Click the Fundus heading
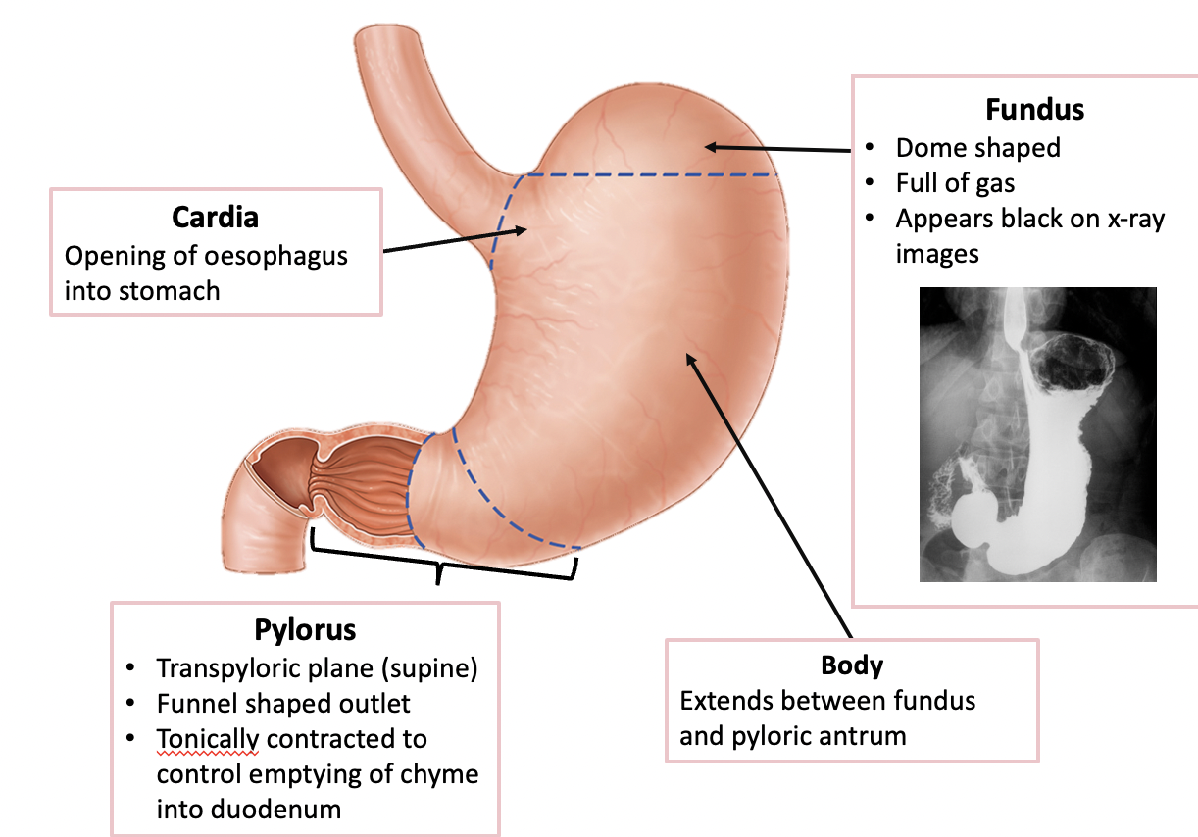[1034, 108]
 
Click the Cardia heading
[216, 216]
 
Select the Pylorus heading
[305, 628]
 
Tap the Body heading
[852, 665]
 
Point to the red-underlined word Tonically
[207, 738]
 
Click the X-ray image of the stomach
[1037, 434]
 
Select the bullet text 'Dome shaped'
[977, 148]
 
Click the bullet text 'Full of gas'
[955, 183]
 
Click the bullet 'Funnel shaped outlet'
[282, 703]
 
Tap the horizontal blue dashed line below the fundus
[647, 175]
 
